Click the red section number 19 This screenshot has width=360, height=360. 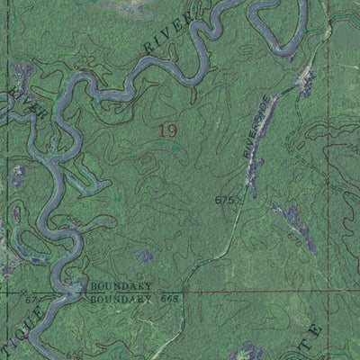pyautogui.click(x=167, y=131)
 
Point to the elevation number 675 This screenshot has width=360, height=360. pyautogui.click(x=224, y=199)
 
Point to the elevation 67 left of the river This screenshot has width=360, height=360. pyautogui.click(x=31, y=298)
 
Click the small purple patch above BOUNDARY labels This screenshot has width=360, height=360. pyautogui.click(x=144, y=256)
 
